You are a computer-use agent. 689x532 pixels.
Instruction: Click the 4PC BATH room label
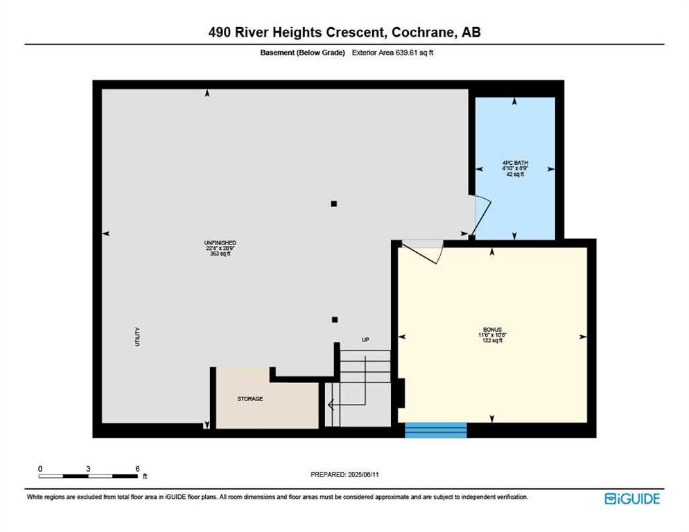tap(515, 163)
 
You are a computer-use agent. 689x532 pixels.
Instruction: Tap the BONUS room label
tap(492, 330)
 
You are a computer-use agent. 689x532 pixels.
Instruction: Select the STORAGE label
tap(250, 399)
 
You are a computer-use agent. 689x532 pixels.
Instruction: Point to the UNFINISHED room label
tap(220, 242)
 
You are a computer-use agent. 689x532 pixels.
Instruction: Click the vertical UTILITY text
tap(137, 337)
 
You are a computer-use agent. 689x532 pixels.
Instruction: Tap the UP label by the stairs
tap(365, 339)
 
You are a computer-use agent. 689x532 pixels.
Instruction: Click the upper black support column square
tap(334, 204)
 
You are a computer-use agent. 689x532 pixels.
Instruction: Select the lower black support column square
tap(335, 320)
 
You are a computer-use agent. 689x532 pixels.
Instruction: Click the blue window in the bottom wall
tap(435, 430)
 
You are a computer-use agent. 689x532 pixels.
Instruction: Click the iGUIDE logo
tap(632, 499)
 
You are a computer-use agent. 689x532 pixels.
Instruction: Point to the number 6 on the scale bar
tap(137, 469)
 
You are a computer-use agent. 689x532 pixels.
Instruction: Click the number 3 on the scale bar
tap(88, 469)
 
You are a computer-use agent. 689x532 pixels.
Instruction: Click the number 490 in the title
tap(219, 32)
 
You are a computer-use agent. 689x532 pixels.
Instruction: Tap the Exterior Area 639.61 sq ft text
tap(393, 53)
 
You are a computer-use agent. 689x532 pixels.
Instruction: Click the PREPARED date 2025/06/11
tap(363, 475)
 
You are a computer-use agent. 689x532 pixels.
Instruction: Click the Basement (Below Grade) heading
tap(302, 53)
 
